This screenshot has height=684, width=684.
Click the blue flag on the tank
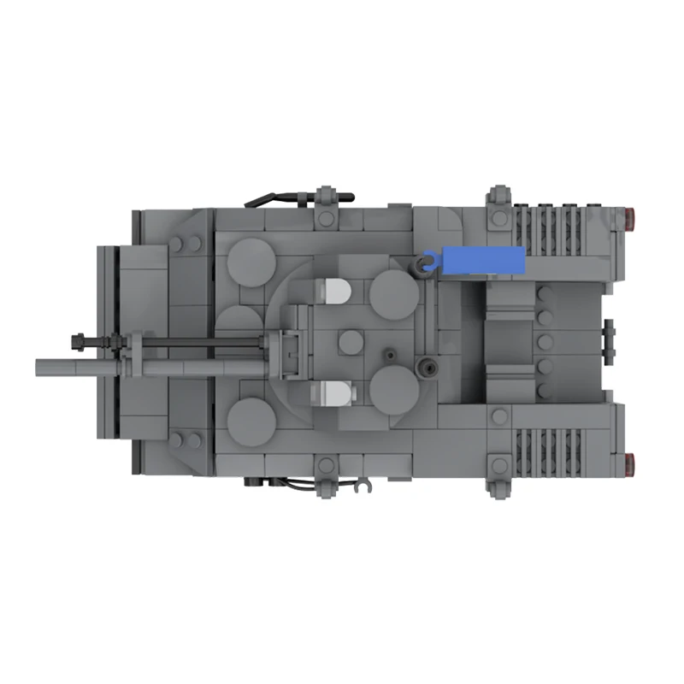coord(479,258)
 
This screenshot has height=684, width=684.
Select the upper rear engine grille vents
coord(560,229)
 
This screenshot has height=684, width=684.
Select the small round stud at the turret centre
coord(350,342)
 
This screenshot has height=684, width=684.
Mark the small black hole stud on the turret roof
coord(391,352)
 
